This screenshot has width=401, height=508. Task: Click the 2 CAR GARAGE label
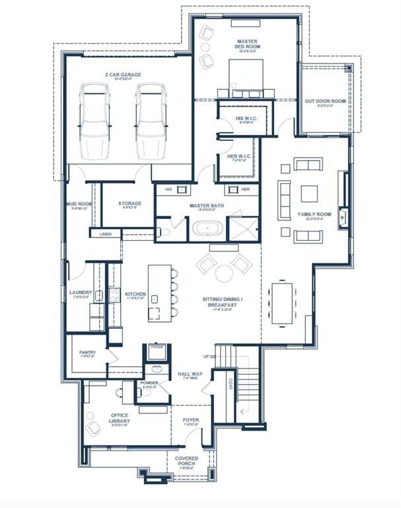pyautogui.click(x=123, y=75)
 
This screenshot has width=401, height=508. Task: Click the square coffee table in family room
pyautogui.click(x=309, y=193)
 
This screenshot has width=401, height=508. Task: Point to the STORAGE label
pyautogui.click(x=130, y=204)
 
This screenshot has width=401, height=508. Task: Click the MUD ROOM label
pyautogui.click(x=77, y=204)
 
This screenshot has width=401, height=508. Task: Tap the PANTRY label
pyautogui.click(x=87, y=353)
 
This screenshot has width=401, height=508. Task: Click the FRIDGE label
pyautogui.click(x=157, y=347)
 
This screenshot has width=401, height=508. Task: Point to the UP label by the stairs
pyautogui.click(x=206, y=357)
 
